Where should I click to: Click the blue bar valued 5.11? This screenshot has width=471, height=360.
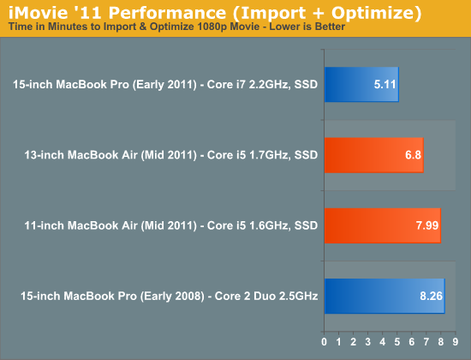361,85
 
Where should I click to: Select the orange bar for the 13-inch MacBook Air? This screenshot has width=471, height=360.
374,155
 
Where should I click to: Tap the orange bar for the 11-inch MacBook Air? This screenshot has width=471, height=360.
383,225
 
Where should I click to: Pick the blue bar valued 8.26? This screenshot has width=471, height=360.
385,297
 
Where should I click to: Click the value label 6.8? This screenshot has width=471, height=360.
413,155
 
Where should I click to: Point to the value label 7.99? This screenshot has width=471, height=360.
427,225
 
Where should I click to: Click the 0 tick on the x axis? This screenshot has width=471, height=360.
324,342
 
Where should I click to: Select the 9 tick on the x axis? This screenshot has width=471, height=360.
456,342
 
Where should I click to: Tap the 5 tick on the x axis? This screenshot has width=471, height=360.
397,342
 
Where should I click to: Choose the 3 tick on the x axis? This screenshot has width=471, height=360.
368,342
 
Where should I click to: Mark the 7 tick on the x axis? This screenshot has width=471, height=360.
426,342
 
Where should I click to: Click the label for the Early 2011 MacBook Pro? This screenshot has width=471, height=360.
165,85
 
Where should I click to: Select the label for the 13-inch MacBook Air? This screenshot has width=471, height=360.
171,155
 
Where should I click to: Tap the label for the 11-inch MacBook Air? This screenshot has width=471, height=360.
171,225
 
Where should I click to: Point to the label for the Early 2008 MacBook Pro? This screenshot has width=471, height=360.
169,297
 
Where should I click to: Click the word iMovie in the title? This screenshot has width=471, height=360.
39,13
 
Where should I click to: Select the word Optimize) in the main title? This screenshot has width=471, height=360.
377,13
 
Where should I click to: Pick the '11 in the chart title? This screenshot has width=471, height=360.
88,13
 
